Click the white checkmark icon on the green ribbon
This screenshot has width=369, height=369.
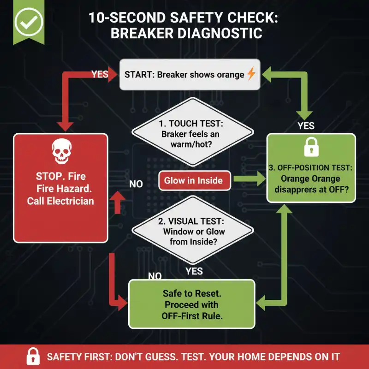(29, 20)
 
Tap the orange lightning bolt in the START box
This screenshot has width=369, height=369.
(251, 74)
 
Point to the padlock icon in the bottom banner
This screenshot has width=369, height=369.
(32, 357)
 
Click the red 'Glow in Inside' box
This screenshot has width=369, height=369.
(194, 181)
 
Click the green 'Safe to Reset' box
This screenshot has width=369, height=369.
(191, 304)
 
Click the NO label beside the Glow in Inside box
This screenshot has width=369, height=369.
(136, 184)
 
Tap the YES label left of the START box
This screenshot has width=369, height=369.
(100, 74)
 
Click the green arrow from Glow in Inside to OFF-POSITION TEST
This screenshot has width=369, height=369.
(250, 181)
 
